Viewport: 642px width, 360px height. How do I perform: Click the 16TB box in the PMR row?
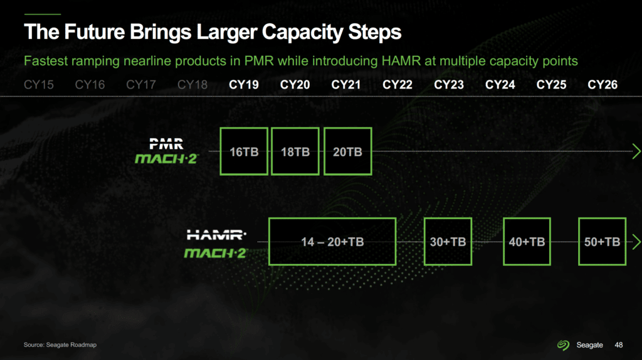pyautogui.click(x=244, y=152)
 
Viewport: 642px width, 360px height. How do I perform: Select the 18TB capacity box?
pyautogui.click(x=295, y=152)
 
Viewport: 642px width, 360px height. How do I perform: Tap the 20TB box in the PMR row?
pyautogui.click(x=347, y=152)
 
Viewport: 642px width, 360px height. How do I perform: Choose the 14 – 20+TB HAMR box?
pyautogui.click(x=332, y=241)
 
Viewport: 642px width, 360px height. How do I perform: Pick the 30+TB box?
pyautogui.click(x=448, y=241)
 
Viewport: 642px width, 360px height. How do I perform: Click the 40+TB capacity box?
pyautogui.click(x=527, y=241)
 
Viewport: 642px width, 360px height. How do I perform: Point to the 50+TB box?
pyautogui.click(x=603, y=241)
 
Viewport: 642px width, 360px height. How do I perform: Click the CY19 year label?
pyautogui.click(x=244, y=85)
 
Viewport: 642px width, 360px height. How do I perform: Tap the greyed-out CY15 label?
pyautogui.click(x=38, y=85)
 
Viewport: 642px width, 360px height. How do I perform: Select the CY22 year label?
pyautogui.click(x=397, y=85)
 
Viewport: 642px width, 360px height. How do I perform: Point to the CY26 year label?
pyautogui.click(x=603, y=85)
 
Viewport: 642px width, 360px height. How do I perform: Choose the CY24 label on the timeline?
pyautogui.click(x=500, y=85)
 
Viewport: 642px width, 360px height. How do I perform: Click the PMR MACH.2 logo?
pyautogui.click(x=167, y=151)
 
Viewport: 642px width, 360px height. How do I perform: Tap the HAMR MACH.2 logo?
pyautogui.click(x=216, y=244)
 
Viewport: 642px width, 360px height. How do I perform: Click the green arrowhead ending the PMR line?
pyautogui.click(x=637, y=151)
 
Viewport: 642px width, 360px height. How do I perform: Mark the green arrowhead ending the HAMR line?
pyautogui.click(x=637, y=241)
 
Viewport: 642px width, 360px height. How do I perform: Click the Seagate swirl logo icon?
pyautogui.click(x=564, y=345)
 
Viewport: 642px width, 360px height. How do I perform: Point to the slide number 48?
pyautogui.click(x=619, y=345)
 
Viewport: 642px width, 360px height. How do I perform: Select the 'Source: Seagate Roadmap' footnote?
pyautogui.click(x=60, y=345)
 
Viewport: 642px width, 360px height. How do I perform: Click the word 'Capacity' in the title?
pyautogui.click(x=303, y=32)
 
